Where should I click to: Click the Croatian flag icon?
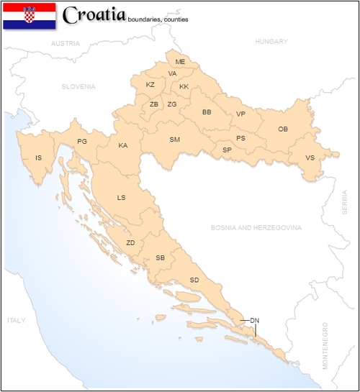click(30, 15)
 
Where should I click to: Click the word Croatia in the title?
click(94, 14)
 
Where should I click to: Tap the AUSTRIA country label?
click(64, 43)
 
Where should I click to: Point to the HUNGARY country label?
click(271, 42)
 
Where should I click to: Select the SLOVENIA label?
click(78, 86)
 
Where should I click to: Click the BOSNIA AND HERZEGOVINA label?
click(256, 227)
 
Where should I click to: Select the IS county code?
click(37, 158)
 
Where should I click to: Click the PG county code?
click(82, 142)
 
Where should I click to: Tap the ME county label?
click(180, 62)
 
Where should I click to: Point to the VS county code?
click(310, 158)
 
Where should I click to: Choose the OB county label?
click(283, 129)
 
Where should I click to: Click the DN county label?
click(254, 319)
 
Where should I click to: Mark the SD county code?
click(194, 279)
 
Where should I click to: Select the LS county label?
click(121, 197)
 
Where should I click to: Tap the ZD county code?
click(130, 242)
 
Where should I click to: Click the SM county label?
click(174, 140)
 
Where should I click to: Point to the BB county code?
click(207, 112)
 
